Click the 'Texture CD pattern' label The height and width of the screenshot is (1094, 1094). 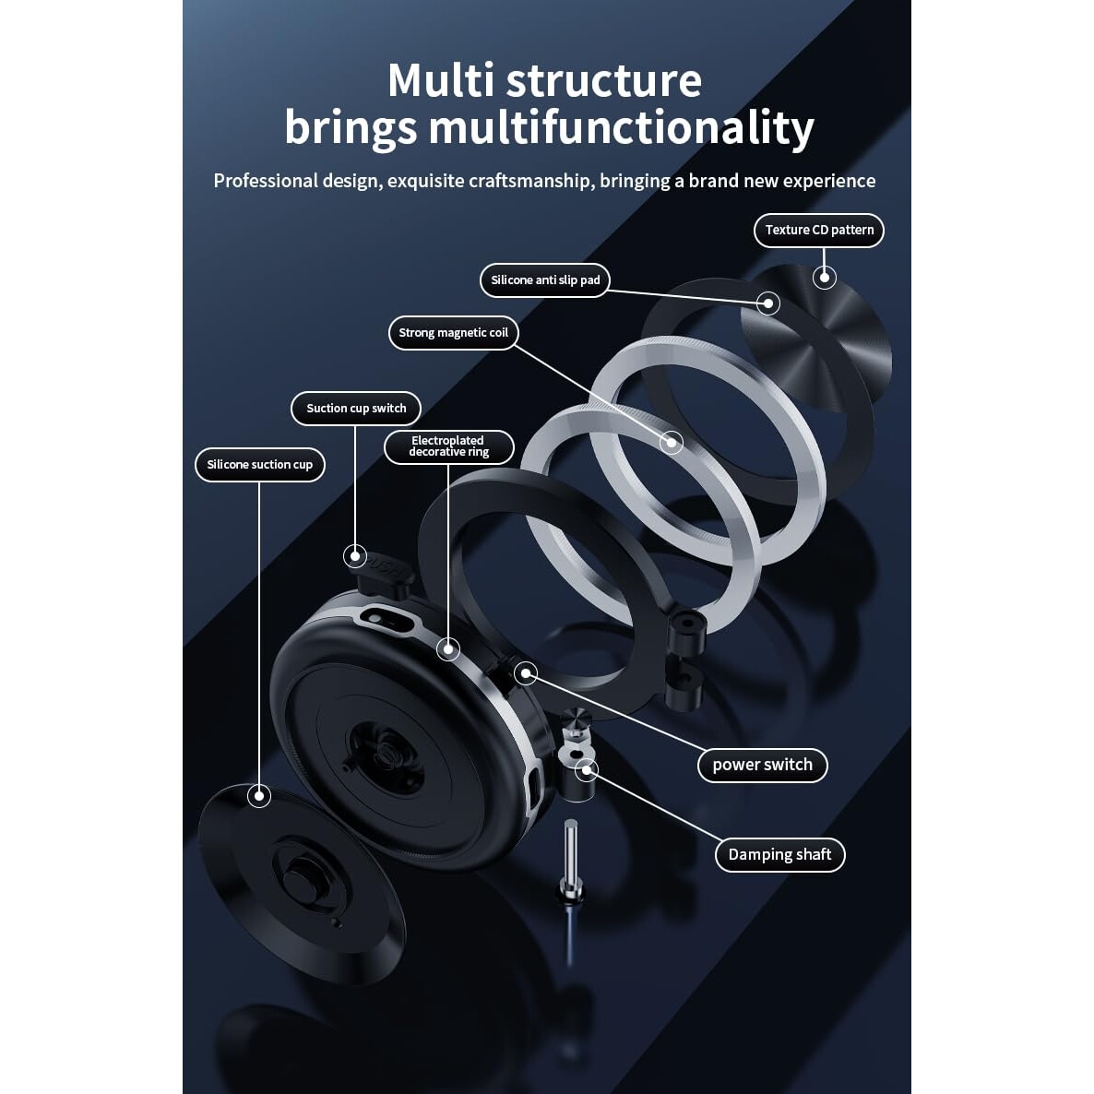819,231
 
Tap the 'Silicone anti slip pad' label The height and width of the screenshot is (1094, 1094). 545,280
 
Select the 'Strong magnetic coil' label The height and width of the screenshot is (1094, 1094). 454,333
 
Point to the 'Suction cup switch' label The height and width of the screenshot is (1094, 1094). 356,408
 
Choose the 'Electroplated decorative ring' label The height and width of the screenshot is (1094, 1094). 448,446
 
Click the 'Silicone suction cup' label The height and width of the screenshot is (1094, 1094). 259,465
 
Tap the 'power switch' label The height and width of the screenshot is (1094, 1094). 763,765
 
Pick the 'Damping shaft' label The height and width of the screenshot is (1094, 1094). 780,855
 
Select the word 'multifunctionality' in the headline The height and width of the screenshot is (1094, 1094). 622,128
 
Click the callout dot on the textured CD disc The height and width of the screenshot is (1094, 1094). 825,278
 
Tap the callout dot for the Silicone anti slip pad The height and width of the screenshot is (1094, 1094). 768,303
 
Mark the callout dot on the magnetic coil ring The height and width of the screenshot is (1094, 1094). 672,443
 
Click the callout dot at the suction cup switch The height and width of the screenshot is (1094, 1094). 355,556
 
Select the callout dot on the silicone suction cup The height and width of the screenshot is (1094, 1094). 259,795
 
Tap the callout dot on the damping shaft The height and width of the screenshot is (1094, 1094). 588,769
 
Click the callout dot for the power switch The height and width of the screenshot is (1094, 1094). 526,673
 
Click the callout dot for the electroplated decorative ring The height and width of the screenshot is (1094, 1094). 448,649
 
